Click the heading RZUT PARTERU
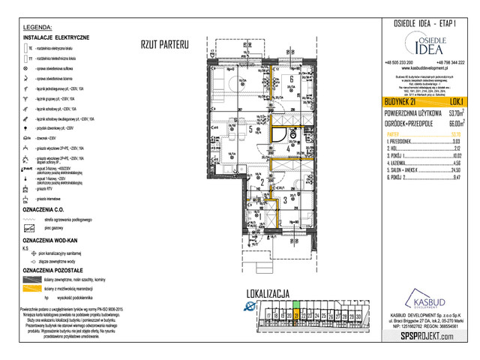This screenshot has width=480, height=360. point(163,45)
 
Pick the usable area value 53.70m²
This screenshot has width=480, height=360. point(451,112)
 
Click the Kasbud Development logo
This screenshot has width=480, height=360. point(424,300)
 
